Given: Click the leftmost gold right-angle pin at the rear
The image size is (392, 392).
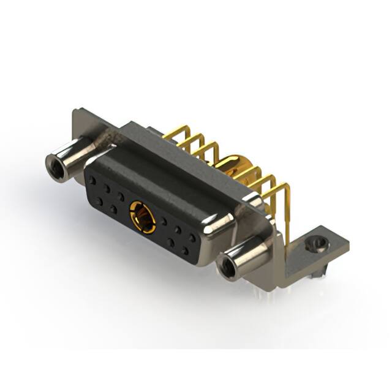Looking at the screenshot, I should (175, 132).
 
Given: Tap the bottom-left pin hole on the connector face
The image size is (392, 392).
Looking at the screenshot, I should (99, 202).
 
